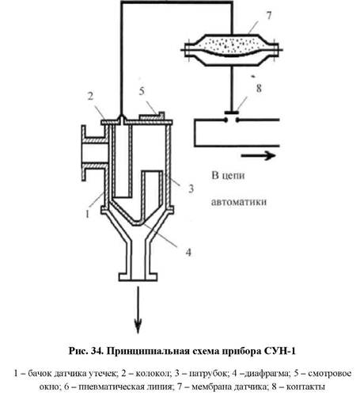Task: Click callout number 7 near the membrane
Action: pyautogui.click(x=268, y=16)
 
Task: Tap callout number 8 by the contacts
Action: pyautogui.click(x=259, y=88)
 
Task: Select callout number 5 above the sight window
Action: pyautogui.click(x=142, y=91)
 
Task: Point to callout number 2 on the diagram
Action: pyautogui.click(x=90, y=96)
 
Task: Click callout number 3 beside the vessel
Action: pyautogui.click(x=191, y=188)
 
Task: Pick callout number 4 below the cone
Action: pyautogui.click(x=188, y=253)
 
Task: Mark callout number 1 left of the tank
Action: pyautogui.click(x=88, y=214)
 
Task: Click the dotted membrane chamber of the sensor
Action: pyautogui.click(x=232, y=45)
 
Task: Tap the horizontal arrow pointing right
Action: pyautogui.click(x=258, y=155)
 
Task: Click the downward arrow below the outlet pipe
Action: pyautogui.click(x=138, y=310)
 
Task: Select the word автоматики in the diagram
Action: pyautogui.click(x=239, y=202)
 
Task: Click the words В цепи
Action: pyautogui.click(x=228, y=176)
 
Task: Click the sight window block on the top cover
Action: pyautogui.click(x=152, y=116)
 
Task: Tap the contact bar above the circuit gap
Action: pyautogui.click(x=232, y=112)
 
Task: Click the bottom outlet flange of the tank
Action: pyautogui.click(x=138, y=277)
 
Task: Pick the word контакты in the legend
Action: pyautogui.click(x=305, y=387)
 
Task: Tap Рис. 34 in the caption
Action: pyautogui.click(x=85, y=351)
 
